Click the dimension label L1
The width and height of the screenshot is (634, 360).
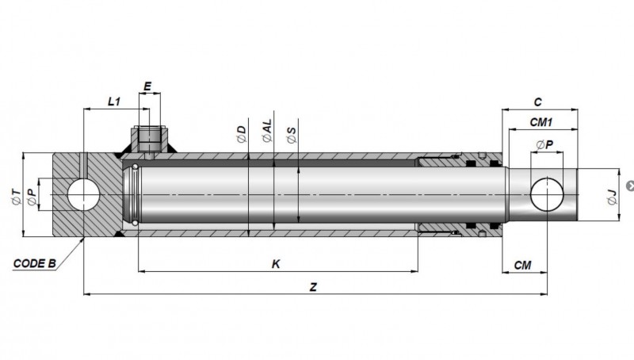point(114,101)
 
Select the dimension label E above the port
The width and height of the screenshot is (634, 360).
point(147,86)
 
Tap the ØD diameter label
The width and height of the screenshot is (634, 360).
point(242,134)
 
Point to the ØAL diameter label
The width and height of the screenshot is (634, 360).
point(267,131)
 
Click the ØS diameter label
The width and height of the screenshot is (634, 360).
point(292,135)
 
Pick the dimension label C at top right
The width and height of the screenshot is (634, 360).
point(537,102)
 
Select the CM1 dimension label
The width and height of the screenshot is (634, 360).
point(541,122)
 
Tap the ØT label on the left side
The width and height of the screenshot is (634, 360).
point(16,197)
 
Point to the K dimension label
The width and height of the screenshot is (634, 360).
point(276,264)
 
